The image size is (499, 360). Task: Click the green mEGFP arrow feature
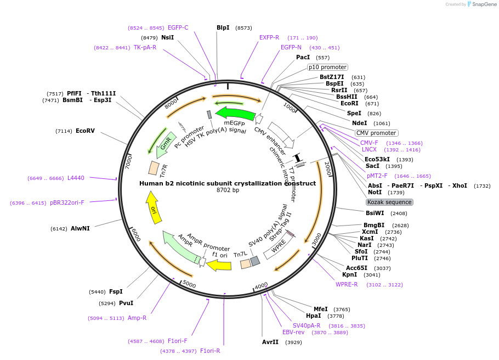[x=236, y=114]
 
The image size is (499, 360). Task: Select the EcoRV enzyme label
[x=85, y=131]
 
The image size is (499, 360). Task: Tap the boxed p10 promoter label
[x=327, y=67]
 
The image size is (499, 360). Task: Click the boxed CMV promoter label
[x=376, y=133]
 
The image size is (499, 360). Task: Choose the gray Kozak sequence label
[x=389, y=202]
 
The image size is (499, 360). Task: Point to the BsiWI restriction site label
[x=375, y=213]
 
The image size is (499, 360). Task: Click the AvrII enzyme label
[x=270, y=342]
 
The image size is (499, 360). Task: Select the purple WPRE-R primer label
[x=347, y=284]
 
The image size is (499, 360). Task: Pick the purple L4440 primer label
[x=76, y=178]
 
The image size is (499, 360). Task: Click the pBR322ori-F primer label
[x=67, y=203]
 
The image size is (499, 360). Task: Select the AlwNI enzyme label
[x=80, y=228]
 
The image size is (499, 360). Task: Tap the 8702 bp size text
[x=228, y=190]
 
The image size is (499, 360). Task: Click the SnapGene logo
[x=481, y=4]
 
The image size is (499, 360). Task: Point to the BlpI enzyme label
[x=223, y=27]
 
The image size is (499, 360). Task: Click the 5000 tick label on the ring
[x=189, y=284]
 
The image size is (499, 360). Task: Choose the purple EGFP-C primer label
[x=178, y=27]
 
